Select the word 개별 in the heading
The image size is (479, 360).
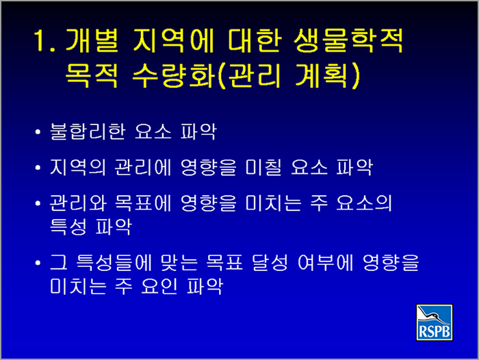click(92, 40)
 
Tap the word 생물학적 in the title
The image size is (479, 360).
click(348, 40)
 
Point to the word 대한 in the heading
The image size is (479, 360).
click(254, 40)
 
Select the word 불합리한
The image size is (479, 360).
click(88, 131)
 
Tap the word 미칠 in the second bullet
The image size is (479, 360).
click(263, 167)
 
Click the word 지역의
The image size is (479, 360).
click(78, 167)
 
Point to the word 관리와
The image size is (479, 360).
click(78, 203)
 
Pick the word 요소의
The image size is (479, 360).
click(364, 203)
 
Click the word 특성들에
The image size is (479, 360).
click(114, 263)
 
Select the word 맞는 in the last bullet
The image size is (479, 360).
click(179, 263)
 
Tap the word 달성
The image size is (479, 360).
click(270, 263)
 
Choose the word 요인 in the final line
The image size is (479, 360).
click(159, 286)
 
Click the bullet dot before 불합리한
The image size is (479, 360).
click(38, 132)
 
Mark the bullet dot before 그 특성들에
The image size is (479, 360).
click(38, 263)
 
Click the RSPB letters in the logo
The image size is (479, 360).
click(434, 331)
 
